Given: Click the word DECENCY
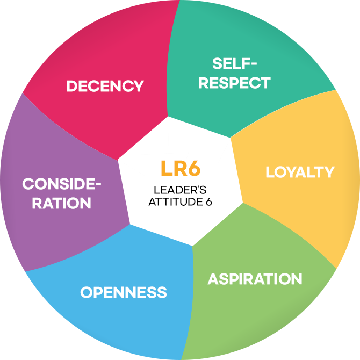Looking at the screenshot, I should coord(105,86).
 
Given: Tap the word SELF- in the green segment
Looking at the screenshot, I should coord(235,64).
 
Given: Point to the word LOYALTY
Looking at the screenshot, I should coord(300,172).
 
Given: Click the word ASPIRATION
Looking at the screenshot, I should coord(255,279).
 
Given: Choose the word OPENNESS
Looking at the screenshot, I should coord(124,293).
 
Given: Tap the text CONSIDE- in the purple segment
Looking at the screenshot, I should coord(61,184).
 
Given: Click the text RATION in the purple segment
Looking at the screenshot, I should coord(61,203).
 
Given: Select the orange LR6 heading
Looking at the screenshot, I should coord(181,168).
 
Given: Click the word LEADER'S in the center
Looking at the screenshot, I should coord(180,190).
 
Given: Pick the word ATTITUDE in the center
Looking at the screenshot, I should coord(175,202).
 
